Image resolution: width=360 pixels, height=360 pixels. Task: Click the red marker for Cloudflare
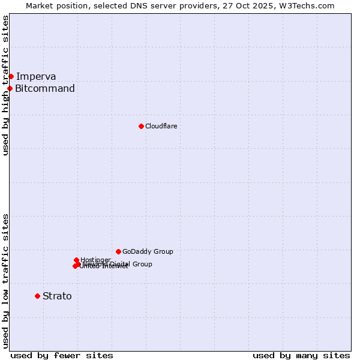pos(141,126)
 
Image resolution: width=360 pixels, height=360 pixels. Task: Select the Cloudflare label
pos(161,126)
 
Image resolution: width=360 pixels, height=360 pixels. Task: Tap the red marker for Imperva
pos(11,76)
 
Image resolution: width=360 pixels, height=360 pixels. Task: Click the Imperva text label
pos(36,76)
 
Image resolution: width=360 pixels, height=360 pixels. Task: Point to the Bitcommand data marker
pos(10,88)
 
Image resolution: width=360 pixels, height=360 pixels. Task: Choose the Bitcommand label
pos(45,89)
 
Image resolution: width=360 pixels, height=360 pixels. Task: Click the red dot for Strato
pos(37,296)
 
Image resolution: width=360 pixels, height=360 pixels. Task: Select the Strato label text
pos(57,296)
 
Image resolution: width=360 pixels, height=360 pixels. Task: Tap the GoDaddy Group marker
pos(118,251)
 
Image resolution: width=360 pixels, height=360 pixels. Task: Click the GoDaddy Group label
pos(148,251)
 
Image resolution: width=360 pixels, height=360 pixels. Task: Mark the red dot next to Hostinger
pos(76,260)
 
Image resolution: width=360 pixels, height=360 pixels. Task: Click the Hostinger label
pos(95,260)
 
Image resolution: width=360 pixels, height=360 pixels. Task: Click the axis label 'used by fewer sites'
pos(62,355)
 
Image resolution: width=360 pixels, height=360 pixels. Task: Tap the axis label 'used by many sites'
pos(301,355)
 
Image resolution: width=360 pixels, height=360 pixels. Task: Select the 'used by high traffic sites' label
pos(5,85)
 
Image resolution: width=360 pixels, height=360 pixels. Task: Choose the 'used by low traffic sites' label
pos(5,280)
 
